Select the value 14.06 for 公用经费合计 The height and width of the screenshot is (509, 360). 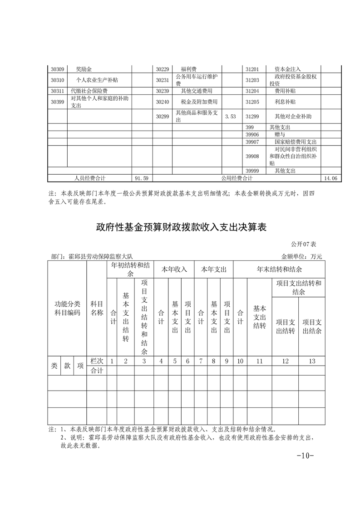[330, 178]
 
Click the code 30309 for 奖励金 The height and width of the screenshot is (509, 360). [57, 69]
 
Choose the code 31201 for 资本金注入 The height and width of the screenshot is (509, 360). [252, 69]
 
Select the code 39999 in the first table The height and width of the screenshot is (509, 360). [252, 171]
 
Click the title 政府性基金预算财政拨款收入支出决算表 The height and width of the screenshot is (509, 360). [180, 227]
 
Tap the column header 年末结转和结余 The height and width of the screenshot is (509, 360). [280, 269]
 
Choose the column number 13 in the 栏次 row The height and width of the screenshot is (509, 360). [312, 361]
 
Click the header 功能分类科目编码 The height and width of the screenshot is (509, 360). [67, 308]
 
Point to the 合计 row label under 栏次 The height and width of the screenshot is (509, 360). [97, 371]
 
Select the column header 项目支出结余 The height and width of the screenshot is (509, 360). [312, 327]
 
